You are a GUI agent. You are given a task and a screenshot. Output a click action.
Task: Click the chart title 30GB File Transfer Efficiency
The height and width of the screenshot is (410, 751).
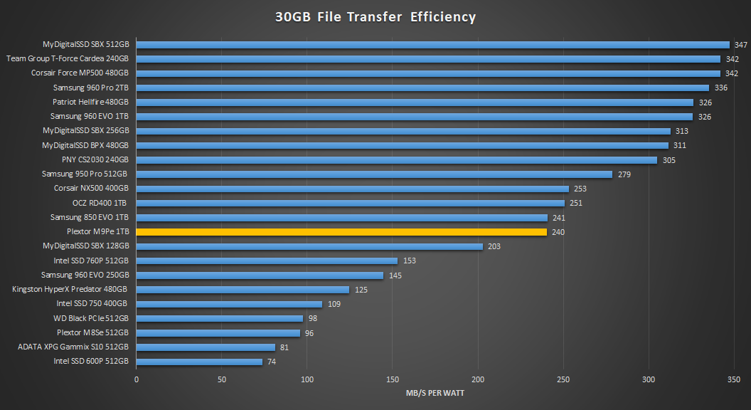coord(375,17)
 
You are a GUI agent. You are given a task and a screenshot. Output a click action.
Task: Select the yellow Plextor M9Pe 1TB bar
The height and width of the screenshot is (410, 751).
coord(341,231)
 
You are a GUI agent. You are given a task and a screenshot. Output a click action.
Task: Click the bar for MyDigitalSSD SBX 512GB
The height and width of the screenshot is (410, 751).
coord(432,44)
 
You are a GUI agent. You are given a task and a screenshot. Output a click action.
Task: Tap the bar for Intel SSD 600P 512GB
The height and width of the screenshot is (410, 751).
coord(199,362)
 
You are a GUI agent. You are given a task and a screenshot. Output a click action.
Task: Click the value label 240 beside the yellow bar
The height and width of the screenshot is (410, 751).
coord(558,232)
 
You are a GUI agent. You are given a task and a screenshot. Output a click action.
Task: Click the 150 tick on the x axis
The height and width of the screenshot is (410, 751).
coord(393,380)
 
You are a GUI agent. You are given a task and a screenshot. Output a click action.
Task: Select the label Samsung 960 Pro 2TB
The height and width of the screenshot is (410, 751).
coord(91,88)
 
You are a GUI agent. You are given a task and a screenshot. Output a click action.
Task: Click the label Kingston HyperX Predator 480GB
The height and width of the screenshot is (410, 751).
coord(70,289)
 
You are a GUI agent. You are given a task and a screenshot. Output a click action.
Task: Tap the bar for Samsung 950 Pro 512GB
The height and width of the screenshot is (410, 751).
coord(374,174)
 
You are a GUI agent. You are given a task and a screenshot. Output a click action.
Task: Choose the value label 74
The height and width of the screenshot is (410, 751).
coord(272,362)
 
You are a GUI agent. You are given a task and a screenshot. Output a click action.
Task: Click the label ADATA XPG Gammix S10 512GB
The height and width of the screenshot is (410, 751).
coord(73,347)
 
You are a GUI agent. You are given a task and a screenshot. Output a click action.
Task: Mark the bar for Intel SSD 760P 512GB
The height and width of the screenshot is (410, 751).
coord(267,261)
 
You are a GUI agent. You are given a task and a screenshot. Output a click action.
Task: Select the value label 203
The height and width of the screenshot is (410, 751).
coord(495,246)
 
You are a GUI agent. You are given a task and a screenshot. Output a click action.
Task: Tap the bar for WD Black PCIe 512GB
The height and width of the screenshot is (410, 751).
coord(220,318)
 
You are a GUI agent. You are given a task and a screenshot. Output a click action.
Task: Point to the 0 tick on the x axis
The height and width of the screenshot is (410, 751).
coord(137,380)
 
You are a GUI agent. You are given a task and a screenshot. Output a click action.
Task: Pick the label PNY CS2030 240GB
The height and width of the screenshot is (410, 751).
coord(95,159)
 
